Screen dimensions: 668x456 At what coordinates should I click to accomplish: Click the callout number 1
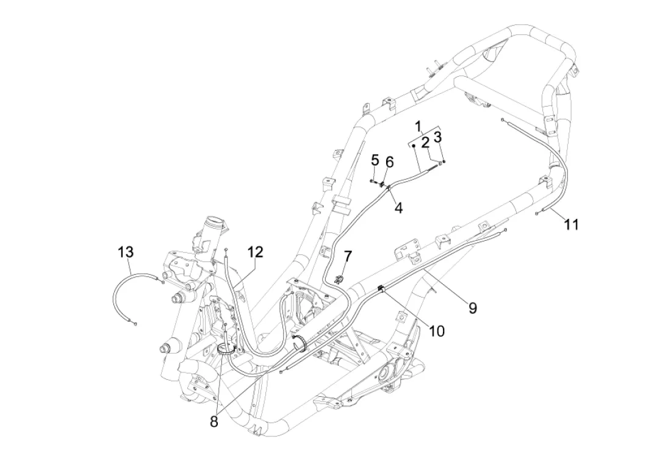pyautogui.click(x=418, y=126)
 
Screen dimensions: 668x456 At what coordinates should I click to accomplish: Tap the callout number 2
pyautogui.click(x=425, y=143)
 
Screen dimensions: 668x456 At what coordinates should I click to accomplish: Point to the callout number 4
pyautogui.click(x=399, y=208)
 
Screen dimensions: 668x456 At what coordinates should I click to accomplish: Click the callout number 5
pyautogui.click(x=375, y=160)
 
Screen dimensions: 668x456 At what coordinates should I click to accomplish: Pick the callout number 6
pyautogui.click(x=390, y=162)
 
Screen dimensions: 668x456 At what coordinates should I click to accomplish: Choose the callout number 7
pyautogui.click(x=348, y=256)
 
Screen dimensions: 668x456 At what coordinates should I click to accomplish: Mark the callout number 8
pyautogui.click(x=214, y=421)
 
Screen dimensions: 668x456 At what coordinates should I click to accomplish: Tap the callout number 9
pyautogui.click(x=473, y=308)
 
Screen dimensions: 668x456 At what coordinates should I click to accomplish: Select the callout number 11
pyautogui.click(x=571, y=224)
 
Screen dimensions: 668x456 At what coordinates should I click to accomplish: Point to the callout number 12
pyautogui.click(x=255, y=252)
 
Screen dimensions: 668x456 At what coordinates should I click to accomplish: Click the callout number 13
pyautogui.click(x=126, y=252)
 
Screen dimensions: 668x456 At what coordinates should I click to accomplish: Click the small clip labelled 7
pyautogui.click(x=340, y=279)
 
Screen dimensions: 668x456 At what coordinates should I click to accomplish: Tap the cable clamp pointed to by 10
pyautogui.click(x=381, y=289)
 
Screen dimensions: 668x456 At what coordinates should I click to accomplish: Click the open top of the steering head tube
pyautogui.click(x=214, y=223)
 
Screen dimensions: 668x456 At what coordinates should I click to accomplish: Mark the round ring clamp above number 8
pyautogui.click(x=226, y=351)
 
